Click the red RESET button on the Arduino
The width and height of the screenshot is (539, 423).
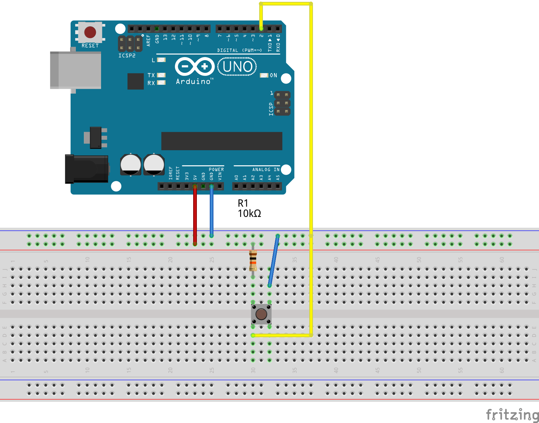pos(90,32)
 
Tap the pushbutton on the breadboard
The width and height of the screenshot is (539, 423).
pos(261,314)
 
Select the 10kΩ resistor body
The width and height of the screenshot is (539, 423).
pos(253,260)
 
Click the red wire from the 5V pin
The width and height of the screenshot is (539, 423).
pos(195,215)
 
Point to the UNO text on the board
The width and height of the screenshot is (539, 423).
pos(237,67)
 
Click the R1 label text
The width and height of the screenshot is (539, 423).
pos(243,203)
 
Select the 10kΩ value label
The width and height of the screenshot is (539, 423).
pos(249,213)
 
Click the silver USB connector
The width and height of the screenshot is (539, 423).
pos(76,70)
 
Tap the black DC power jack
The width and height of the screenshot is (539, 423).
pos(87,169)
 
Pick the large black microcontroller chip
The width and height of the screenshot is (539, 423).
pos(221,141)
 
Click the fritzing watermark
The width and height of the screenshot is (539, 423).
pos(512,414)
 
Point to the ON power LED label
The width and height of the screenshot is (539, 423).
pos(273,75)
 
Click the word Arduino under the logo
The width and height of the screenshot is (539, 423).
pos(193,81)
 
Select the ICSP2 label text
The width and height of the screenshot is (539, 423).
pos(127,56)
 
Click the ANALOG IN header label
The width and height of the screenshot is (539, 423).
pos(266,170)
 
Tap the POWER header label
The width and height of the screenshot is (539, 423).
pos(216,170)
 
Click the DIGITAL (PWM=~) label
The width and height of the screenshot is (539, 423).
pos(239,50)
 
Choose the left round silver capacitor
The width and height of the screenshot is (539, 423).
pos(131,164)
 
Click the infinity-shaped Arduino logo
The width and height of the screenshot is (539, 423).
pos(195,66)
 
